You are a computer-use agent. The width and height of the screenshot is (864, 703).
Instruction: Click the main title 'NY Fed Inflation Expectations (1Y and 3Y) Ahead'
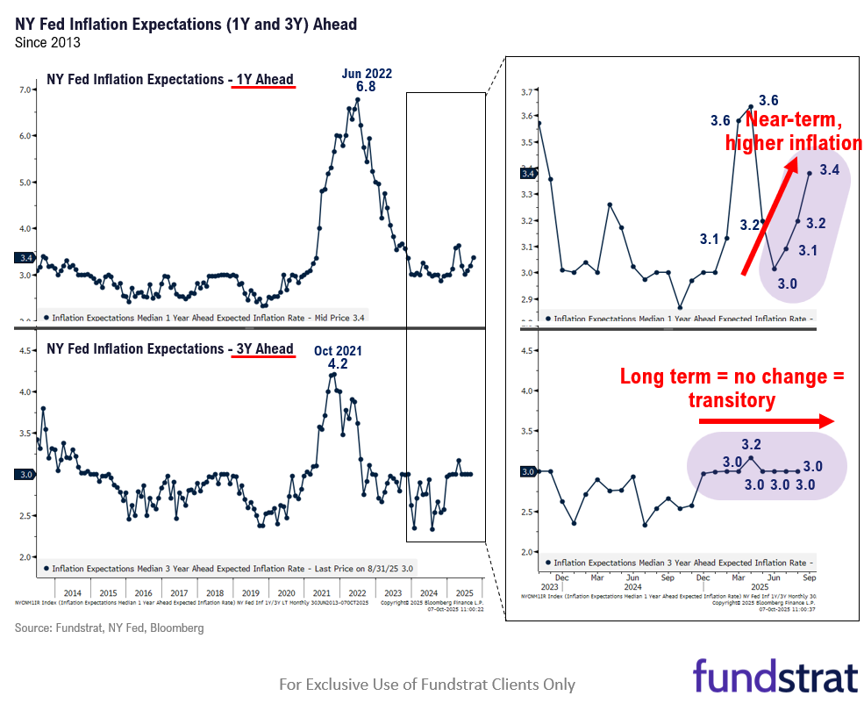(x=186, y=24)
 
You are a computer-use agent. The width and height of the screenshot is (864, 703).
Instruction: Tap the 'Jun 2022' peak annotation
(x=367, y=74)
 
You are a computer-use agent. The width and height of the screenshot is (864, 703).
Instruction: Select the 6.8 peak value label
(x=366, y=89)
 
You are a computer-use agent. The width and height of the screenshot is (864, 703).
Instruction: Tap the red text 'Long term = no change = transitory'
(x=732, y=387)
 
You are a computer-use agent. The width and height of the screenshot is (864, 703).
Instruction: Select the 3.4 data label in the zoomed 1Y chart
(x=830, y=170)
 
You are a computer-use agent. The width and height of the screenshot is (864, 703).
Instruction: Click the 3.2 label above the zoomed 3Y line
(x=751, y=444)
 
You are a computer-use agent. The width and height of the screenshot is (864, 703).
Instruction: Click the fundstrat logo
(x=775, y=677)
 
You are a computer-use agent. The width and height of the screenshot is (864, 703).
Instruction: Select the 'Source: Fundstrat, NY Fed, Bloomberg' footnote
(x=109, y=628)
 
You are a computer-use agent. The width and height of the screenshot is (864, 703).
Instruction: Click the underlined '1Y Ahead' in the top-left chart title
(x=261, y=80)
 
